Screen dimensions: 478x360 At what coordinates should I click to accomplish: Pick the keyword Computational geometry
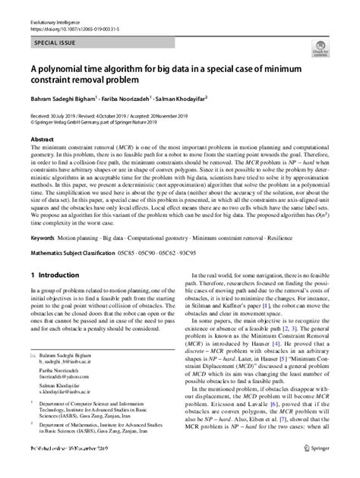tap(156, 237)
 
